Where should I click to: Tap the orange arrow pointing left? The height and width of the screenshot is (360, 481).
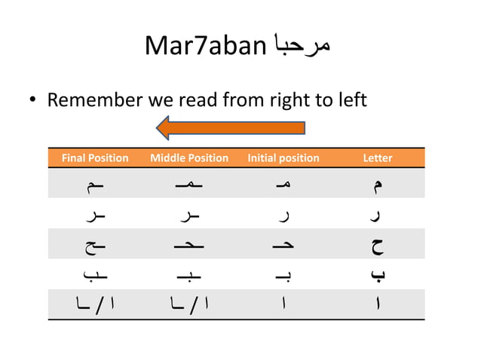point(231,128)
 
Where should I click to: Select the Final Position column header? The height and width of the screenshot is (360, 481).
point(94,158)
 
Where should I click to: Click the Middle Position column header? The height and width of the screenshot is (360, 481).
point(189,158)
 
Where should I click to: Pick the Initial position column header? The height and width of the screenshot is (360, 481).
point(283,158)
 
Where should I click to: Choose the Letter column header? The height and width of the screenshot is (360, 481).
point(378,158)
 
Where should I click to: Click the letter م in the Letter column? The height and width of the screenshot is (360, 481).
point(378,185)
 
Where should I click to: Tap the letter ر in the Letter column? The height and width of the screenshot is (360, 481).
point(378,215)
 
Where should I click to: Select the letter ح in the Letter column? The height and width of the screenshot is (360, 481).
point(378,246)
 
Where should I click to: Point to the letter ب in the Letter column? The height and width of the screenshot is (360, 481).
point(378,276)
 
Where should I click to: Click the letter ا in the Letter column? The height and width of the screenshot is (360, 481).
point(378,306)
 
